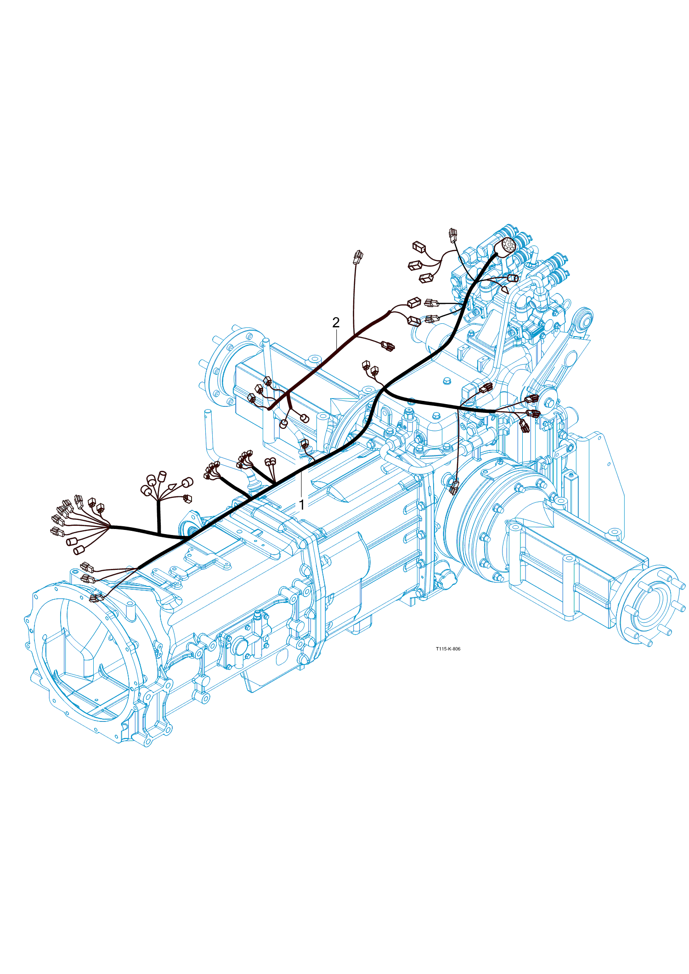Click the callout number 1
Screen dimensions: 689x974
click(302, 505)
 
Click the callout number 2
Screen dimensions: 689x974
click(336, 323)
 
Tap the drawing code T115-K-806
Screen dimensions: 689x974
click(448, 649)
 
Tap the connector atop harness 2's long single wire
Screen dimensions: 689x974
click(358, 257)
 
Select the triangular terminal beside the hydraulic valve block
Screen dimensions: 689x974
click(505, 290)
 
